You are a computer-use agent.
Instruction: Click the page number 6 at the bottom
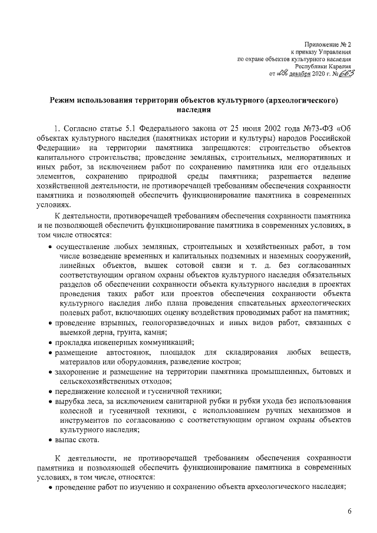pos(349,511)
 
